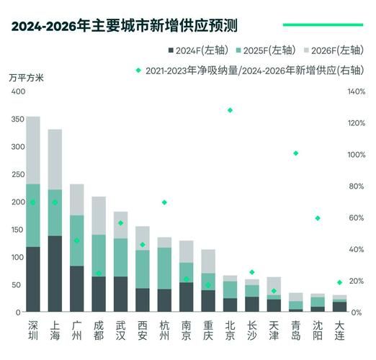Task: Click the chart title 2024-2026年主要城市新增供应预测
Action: pos(124,27)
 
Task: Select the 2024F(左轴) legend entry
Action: pos(194,50)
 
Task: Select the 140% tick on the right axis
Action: pos(357,92)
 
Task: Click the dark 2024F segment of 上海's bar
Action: pos(55,274)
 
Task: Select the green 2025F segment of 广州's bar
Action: pos(77,240)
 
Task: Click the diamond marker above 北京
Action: pos(230,110)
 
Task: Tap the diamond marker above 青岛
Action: pos(295,153)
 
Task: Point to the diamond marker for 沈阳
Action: pos(318,218)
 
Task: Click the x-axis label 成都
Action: pos(99,330)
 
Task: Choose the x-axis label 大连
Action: pos(339,330)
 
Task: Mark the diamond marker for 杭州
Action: pos(164,202)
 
